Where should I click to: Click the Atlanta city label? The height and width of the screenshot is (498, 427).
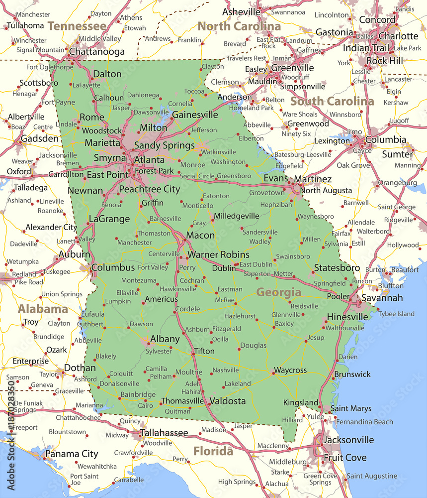[149, 160]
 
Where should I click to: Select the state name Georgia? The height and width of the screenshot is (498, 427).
[278, 292]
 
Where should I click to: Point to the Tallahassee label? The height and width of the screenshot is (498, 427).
[164, 433]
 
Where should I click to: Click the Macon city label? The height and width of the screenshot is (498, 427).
[200, 235]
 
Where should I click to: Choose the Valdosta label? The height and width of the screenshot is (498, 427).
[228, 400]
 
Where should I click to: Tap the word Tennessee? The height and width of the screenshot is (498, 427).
[77, 26]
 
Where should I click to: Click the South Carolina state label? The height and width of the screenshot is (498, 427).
[332, 101]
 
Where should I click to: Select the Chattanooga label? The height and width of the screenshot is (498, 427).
[96, 51]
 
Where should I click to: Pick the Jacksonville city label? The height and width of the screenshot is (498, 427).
[348, 440]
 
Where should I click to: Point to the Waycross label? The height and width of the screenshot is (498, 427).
[290, 371]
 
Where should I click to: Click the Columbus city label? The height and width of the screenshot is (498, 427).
[113, 267]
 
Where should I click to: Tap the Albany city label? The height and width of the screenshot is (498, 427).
[165, 339]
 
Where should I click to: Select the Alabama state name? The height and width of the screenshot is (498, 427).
[43, 309]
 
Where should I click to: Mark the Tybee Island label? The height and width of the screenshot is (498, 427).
[396, 314]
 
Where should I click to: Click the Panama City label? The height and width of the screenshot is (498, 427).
[72, 454]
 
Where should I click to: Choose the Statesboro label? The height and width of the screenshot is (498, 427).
[337, 268]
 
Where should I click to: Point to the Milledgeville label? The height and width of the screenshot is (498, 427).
[237, 216]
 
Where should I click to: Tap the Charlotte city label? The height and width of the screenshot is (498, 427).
[399, 36]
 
